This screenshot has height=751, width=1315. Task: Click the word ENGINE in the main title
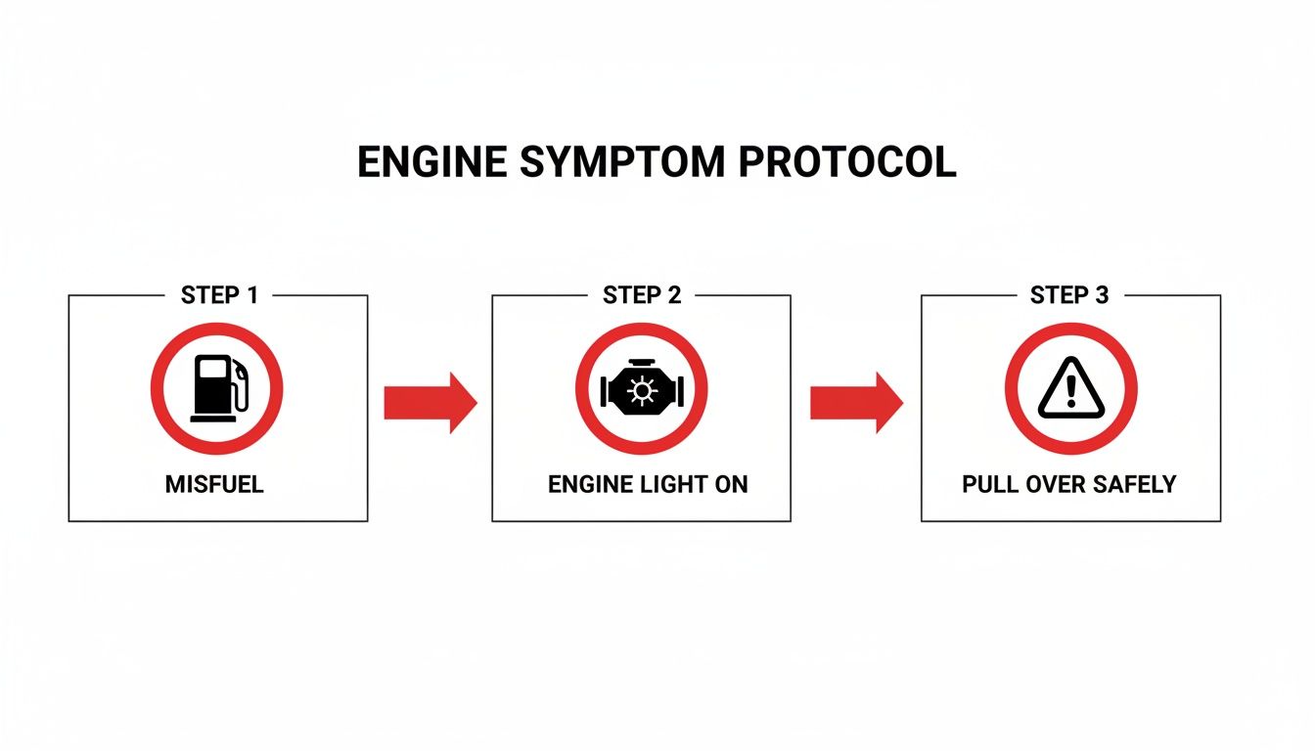(x=431, y=162)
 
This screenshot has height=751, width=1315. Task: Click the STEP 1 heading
(x=219, y=295)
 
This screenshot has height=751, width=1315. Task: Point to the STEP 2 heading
(x=642, y=295)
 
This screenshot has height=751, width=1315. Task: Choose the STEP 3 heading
(x=1069, y=295)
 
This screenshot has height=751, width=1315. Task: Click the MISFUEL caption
(x=214, y=484)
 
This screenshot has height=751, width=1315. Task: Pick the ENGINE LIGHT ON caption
(x=648, y=484)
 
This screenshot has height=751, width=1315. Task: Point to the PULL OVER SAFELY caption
(x=1068, y=484)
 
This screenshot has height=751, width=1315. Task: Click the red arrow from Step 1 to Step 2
(x=430, y=402)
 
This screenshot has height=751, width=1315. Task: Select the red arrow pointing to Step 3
(x=856, y=402)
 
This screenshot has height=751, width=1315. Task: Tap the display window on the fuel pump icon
(x=210, y=371)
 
